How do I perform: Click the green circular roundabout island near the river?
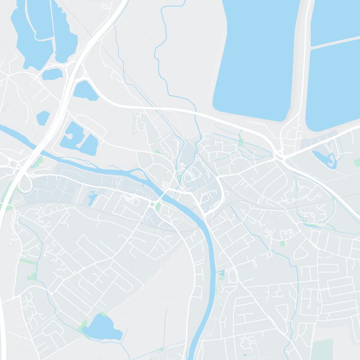click(x=153, y=205)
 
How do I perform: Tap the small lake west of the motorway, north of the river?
click(x=43, y=117)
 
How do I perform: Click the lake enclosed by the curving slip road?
click(x=85, y=91)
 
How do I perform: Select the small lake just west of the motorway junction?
click(x=52, y=74)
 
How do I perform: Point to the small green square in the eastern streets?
click(x=283, y=243)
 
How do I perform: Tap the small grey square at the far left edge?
click(x=10, y=243)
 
